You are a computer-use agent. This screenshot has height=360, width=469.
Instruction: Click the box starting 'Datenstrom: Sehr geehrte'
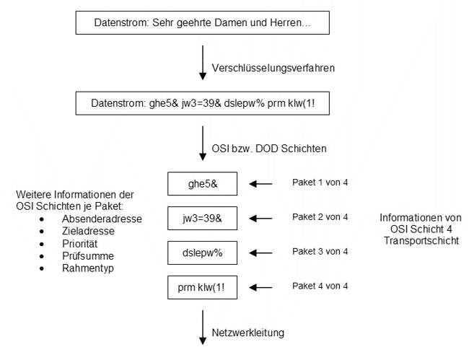pyautogui.click(x=202, y=23)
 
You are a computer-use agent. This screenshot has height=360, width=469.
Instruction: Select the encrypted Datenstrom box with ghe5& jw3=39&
pyautogui.click(x=202, y=105)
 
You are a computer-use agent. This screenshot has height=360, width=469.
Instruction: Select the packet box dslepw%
pyautogui.click(x=202, y=253)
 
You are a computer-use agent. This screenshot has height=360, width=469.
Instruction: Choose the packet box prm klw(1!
pyautogui.click(x=202, y=288)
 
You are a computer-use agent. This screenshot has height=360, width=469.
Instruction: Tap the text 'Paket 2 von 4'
pyautogui.click(x=320, y=216)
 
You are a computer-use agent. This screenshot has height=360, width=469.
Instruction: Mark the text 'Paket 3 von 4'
pyautogui.click(x=320, y=251)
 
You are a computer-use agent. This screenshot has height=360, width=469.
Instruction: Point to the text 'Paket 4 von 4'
pyautogui.click(x=320, y=286)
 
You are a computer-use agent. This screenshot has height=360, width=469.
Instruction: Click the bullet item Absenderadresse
pyautogui.click(x=100, y=219)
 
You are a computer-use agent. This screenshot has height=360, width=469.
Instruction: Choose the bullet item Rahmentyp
pyautogui.click(x=88, y=268)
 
